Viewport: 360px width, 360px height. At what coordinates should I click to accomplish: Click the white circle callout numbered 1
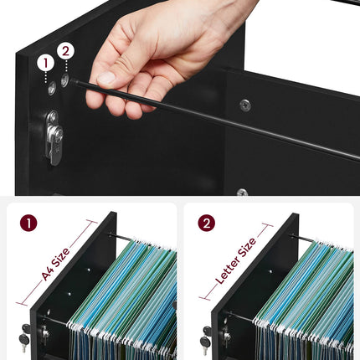(45, 64)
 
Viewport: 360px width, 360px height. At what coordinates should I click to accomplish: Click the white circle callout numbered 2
(65, 51)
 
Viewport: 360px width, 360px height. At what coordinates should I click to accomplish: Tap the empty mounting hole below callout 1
(52, 89)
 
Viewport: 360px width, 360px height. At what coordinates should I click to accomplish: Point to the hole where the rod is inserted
(65, 80)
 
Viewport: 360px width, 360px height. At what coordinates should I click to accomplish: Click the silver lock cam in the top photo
(54, 138)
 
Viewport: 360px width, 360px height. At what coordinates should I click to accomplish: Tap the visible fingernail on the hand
(105, 78)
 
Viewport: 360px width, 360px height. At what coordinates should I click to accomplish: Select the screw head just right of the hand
(245, 105)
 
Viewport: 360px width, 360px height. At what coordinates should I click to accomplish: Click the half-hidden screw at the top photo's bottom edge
(242, 193)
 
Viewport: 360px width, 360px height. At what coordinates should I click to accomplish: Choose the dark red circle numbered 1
(28, 223)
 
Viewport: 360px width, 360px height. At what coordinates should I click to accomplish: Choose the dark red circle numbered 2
(207, 223)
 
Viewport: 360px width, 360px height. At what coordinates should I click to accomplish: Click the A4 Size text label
(55, 264)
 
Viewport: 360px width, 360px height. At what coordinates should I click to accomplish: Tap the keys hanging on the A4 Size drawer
(25, 337)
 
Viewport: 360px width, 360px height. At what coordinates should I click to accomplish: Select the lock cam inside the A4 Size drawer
(45, 334)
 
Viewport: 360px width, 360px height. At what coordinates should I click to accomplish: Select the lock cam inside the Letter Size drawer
(226, 334)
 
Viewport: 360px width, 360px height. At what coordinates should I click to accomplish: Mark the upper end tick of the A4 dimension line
(92, 222)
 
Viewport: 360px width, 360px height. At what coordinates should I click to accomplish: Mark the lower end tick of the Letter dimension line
(204, 299)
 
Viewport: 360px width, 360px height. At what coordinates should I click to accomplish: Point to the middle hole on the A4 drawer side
(69, 294)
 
